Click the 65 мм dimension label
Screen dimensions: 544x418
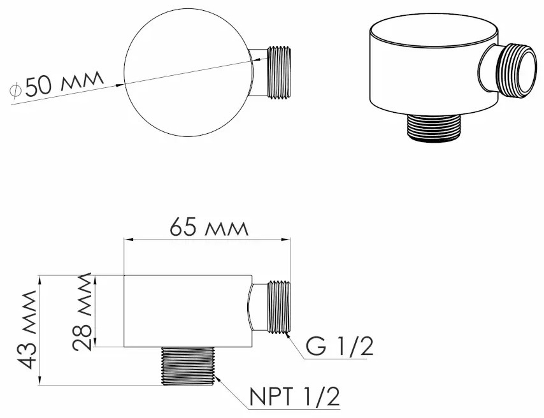pyautogui.click(x=209, y=227)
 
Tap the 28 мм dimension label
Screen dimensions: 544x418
pyautogui.click(x=82, y=311)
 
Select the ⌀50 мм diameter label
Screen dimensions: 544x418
pyautogui.click(x=57, y=84)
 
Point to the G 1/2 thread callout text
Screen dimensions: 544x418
pyautogui.click(x=340, y=346)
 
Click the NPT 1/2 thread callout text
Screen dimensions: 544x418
pyautogui.click(x=294, y=396)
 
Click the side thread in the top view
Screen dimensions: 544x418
pyautogui.click(x=278, y=72)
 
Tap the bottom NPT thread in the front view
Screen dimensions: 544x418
pyautogui.click(x=188, y=366)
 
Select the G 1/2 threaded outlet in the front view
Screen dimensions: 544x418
pyautogui.click(x=278, y=307)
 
